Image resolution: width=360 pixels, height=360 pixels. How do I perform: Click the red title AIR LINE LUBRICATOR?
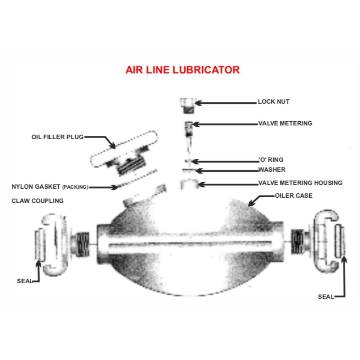point(183,70)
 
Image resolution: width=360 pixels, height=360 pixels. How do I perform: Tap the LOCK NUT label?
point(274,102)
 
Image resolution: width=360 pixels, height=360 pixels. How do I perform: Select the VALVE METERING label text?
point(285,123)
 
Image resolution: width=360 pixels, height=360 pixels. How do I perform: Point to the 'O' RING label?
point(271,159)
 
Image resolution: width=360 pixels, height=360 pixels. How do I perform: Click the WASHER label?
point(272,170)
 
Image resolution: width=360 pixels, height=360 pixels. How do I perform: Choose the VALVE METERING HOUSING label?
point(300,183)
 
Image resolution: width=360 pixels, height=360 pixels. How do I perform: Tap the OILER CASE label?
point(294,195)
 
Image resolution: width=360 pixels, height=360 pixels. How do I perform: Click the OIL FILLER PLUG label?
point(57,137)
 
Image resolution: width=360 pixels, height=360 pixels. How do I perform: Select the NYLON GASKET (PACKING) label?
point(50,186)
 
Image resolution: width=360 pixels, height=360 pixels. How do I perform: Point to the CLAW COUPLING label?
point(38,201)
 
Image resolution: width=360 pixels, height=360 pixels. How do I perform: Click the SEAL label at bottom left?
point(24,281)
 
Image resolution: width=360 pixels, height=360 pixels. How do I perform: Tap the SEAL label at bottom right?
point(326,297)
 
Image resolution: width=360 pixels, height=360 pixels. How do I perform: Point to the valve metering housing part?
point(190,184)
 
